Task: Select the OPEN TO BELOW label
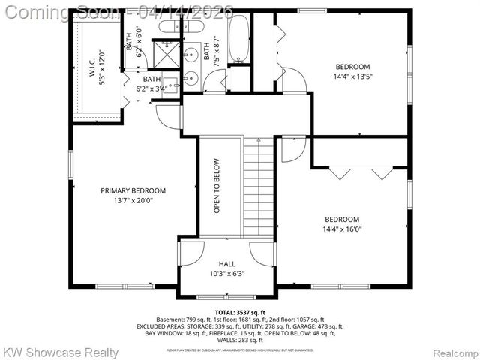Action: tap(217, 186)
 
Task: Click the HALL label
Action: tap(226, 264)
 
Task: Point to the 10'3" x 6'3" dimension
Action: tap(226, 274)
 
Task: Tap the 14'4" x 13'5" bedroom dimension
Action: tap(353, 76)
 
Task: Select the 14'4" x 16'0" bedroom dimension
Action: tap(342, 229)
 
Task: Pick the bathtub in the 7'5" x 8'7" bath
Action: tap(239, 38)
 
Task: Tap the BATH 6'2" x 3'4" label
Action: tap(152, 83)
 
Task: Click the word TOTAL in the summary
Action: tap(225, 312)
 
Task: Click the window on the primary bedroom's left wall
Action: tap(70, 163)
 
